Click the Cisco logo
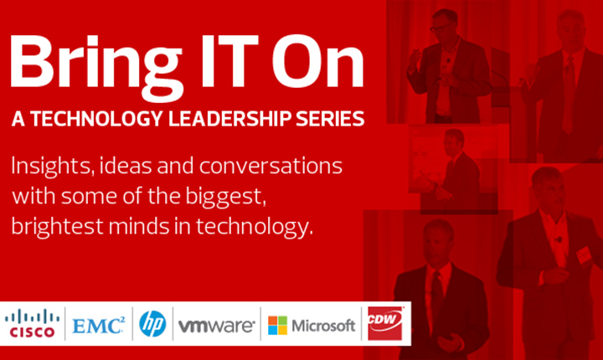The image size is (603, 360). (32, 324)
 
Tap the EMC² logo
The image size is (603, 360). (99, 326)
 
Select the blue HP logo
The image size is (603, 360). (152, 324)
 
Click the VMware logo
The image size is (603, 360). (217, 326)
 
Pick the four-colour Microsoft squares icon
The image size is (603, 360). (278, 326)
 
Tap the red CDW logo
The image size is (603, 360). (385, 323)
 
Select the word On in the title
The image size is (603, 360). (317, 62)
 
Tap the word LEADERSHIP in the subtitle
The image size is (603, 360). (229, 118)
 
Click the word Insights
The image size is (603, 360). (53, 167)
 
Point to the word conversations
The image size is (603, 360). (271, 166)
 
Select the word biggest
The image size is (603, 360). (226, 198)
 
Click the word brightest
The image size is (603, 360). (57, 226)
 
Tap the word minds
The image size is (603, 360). (139, 226)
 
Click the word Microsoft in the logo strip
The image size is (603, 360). (323, 326)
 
